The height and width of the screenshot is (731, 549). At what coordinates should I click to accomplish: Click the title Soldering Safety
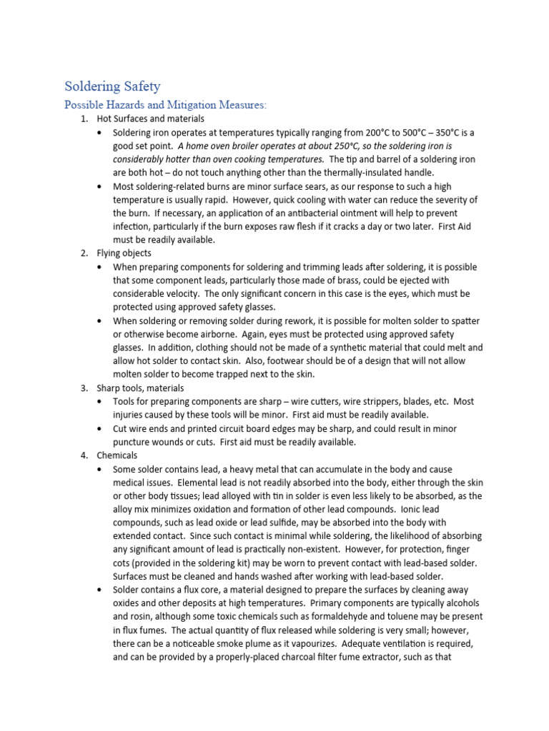[112, 86]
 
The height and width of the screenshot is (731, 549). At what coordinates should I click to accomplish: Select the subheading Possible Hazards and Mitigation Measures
[165, 105]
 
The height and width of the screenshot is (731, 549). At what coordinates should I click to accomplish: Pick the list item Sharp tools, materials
[140, 388]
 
